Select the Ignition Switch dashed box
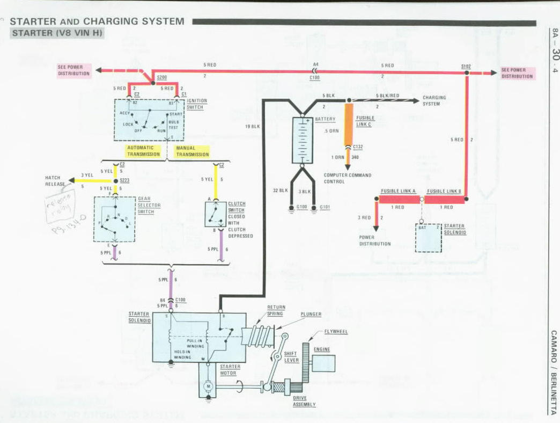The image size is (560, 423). [x=149, y=120]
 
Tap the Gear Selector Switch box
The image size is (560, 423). [x=115, y=218]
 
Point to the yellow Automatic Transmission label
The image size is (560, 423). [x=143, y=151]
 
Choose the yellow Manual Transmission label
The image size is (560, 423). [x=193, y=151]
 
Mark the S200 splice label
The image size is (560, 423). [x=162, y=77]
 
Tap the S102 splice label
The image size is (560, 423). [x=466, y=67]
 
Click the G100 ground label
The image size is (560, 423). [x=303, y=207]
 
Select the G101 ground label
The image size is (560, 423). [x=325, y=207]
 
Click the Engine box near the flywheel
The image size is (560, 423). [x=323, y=363]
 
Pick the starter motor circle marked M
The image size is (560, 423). [x=207, y=386]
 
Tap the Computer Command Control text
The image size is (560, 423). [x=347, y=178]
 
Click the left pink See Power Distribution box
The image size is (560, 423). [x=74, y=70]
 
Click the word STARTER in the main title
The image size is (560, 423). [x=33, y=21]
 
